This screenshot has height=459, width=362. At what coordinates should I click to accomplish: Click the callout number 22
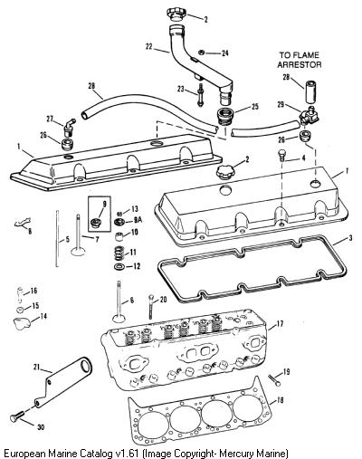149,47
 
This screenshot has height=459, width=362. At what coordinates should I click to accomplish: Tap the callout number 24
224,53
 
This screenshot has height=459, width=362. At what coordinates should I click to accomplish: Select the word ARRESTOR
300,64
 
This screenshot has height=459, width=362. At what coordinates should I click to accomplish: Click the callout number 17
280,324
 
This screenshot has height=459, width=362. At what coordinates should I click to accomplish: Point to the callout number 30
41,427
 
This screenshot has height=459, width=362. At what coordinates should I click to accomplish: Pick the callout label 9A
138,220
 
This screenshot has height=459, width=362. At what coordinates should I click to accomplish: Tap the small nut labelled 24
202,53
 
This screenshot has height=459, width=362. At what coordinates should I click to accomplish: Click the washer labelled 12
119,267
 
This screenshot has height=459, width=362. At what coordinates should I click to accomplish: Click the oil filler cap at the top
176,15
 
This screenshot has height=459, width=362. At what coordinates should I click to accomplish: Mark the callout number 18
280,401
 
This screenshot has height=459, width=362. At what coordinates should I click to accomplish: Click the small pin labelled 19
273,379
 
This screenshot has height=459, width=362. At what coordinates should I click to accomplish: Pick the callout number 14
43,316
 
